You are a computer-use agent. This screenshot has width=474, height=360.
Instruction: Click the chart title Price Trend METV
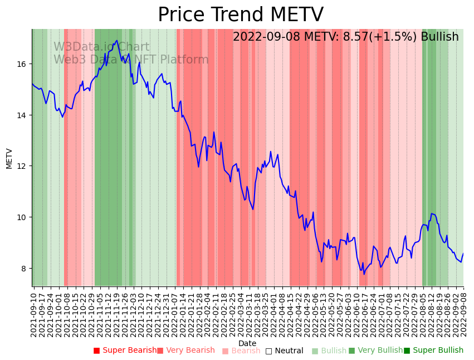point(240,15)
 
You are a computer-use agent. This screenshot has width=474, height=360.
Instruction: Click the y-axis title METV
point(9,158)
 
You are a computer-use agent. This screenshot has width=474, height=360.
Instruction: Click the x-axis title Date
point(247,343)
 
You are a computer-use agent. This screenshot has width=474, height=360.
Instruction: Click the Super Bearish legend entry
point(125,351)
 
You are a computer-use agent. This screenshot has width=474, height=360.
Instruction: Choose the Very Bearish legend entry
point(185,351)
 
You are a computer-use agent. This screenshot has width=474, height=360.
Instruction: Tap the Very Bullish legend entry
point(375,351)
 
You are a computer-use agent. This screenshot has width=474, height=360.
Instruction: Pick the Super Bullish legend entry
point(433,351)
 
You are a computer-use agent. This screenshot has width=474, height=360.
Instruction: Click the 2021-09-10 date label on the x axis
point(34,314)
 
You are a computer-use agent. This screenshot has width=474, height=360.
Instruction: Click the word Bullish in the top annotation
point(439,37)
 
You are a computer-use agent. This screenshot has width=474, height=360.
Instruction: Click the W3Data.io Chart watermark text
point(101,47)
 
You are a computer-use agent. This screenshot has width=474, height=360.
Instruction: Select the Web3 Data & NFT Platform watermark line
point(131,60)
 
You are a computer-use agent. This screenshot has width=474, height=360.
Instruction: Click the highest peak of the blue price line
point(116,40)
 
